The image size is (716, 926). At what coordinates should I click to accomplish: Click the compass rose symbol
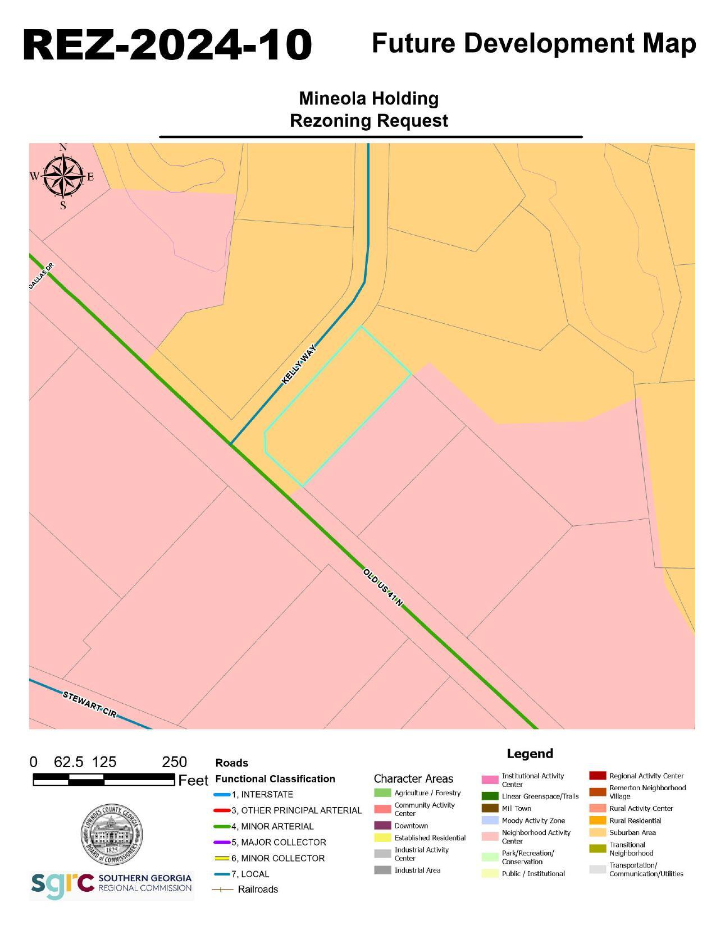(x=63, y=176)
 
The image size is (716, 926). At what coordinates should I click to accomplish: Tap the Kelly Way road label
(x=299, y=364)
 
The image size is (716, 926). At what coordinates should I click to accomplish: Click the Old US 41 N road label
(x=383, y=588)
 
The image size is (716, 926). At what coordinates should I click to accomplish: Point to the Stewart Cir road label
(x=90, y=704)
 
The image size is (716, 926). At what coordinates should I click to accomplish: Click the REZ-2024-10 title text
(x=167, y=45)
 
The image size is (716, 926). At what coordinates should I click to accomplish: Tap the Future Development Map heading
(x=533, y=43)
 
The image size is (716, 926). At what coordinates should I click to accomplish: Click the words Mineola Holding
(x=368, y=98)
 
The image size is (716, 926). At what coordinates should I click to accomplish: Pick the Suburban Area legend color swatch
(x=598, y=833)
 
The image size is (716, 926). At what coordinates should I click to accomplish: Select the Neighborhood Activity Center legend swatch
(x=490, y=836)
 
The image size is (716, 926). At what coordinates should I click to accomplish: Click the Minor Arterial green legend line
(x=222, y=827)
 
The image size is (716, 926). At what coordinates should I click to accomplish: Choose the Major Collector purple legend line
(x=222, y=842)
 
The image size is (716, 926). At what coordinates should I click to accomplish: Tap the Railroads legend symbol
(x=222, y=890)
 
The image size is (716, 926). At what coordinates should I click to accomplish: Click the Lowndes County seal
(x=112, y=834)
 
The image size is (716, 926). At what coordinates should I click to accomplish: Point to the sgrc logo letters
(x=62, y=884)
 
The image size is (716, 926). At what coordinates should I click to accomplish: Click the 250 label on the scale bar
(x=174, y=762)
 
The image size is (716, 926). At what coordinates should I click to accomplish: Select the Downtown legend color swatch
(x=382, y=826)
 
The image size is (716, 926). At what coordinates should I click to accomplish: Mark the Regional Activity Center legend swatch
(x=598, y=776)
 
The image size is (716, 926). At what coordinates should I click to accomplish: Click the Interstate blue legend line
(x=222, y=795)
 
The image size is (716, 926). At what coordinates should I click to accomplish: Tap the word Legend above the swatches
(x=530, y=754)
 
